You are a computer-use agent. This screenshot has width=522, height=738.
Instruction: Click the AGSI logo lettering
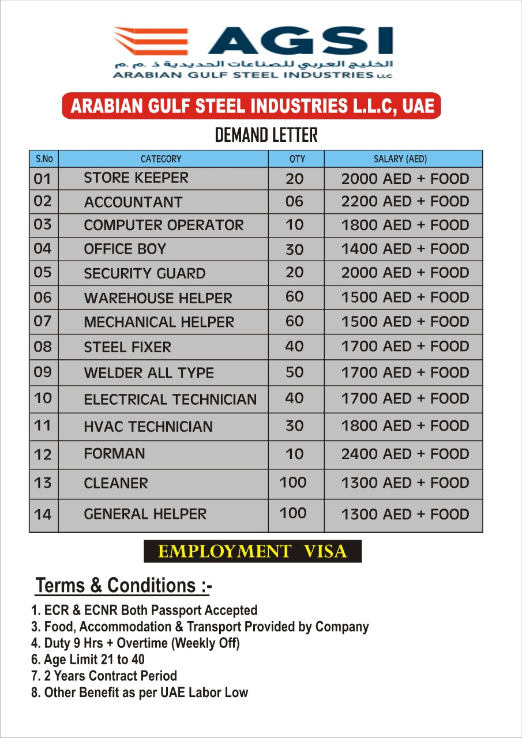(299, 41)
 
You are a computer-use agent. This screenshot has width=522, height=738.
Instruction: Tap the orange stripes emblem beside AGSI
(151, 41)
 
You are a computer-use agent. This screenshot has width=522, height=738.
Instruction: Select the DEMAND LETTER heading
(266, 135)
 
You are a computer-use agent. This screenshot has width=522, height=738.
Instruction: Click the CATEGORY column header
(161, 159)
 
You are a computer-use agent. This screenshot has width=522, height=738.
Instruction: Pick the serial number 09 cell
(43, 372)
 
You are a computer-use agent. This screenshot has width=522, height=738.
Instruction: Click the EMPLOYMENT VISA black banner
(253, 552)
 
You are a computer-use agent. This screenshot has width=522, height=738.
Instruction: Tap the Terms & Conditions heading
(123, 586)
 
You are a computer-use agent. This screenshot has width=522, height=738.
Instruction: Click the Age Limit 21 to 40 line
(88, 660)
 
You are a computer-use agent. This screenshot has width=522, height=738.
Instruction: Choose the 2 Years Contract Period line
(104, 676)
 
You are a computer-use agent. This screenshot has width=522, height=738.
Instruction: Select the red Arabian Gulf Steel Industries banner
(251, 106)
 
